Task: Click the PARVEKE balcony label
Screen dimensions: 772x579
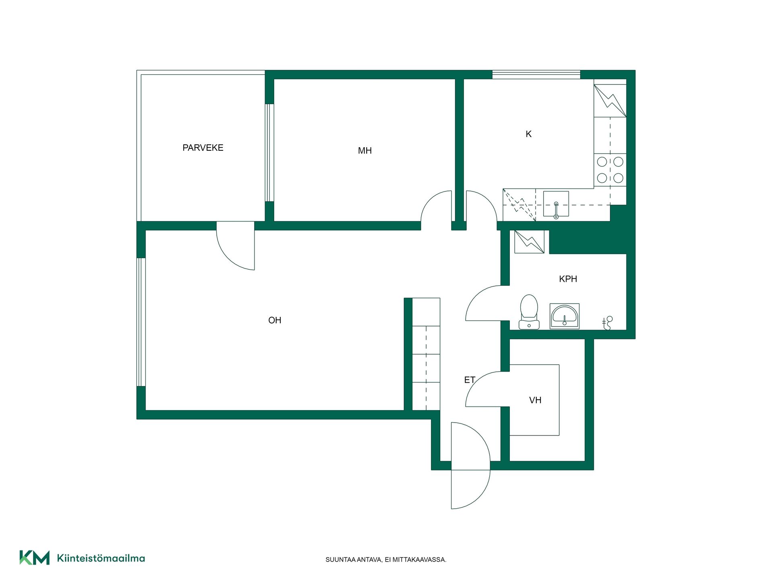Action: [x=203, y=148]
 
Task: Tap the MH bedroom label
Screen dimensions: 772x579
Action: [x=365, y=151]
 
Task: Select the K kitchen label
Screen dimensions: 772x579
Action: [x=528, y=134]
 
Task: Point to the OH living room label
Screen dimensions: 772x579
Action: [x=275, y=320]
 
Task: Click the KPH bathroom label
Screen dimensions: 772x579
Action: [x=568, y=279]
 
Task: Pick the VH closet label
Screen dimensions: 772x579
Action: [x=535, y=400]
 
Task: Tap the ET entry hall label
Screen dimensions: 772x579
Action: [x=470, y=380]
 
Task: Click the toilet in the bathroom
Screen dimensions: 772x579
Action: [x=529, y=312]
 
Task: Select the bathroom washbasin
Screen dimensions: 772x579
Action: [x=565, y=316]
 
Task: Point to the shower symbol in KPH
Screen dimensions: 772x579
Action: [x=607, y=323]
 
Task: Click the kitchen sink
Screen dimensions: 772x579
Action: [x=556, y=204]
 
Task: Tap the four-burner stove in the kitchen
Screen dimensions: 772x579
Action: [x=610, y=170]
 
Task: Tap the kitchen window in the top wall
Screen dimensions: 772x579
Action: [x=536, y=74]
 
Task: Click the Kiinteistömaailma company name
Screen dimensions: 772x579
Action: [x=101, y=558]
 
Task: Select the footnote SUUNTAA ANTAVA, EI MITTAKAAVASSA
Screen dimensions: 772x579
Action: [x=386, y=560]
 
